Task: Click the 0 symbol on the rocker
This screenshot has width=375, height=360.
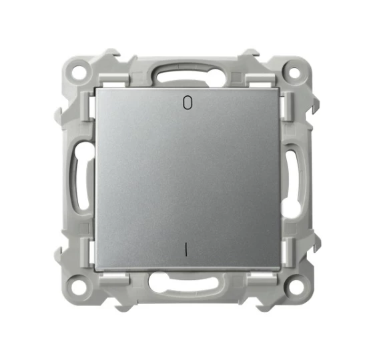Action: [x=187, y=103]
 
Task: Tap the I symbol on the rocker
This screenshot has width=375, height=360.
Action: [x=185, y=250]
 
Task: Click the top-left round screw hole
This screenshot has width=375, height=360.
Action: [x=79, y=71]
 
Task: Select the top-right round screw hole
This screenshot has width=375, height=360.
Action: [x=294, y=73]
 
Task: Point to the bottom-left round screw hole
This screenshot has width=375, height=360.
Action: [x=77, y=286]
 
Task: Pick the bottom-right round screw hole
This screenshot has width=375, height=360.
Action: [x=294, y=287]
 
